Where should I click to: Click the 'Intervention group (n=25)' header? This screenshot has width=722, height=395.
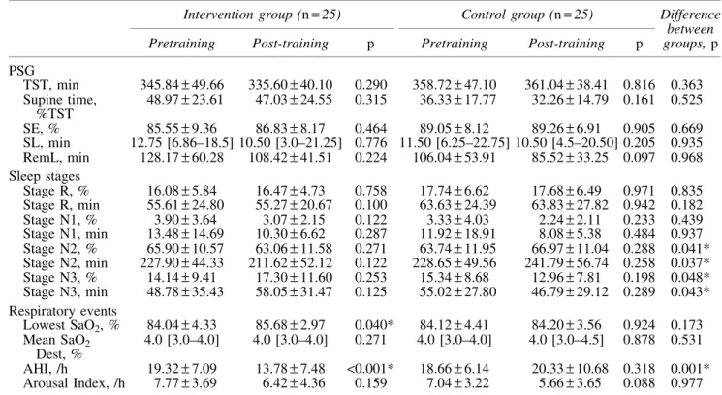point(262,15)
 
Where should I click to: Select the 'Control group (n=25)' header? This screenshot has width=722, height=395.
point(527,15)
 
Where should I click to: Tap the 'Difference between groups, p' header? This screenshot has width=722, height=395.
point(690,29)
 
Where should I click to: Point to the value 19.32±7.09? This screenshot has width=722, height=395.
point(182,369)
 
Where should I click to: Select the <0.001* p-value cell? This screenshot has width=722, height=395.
point(370,368)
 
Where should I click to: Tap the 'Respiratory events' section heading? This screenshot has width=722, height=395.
point(63,311)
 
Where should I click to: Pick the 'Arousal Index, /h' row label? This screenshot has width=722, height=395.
point(74,383)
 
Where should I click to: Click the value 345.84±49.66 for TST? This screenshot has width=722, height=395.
point(182,85)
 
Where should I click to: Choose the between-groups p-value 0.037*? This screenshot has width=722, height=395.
point(690,263)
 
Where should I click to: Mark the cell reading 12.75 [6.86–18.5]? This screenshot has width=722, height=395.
point(182,143)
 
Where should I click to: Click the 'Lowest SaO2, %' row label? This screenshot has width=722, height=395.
point(72,325)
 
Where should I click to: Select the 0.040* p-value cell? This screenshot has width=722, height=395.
point(374,325)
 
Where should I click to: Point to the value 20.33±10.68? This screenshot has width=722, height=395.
point(566,369)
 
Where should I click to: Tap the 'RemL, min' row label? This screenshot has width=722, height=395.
point(56,158)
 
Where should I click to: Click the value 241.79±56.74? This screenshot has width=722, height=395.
point(566,263)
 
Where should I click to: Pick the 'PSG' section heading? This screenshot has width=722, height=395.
point(21,71)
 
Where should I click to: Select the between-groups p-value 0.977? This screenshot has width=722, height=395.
point(686,383)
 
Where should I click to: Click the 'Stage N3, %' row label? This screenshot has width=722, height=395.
point(60,278)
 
